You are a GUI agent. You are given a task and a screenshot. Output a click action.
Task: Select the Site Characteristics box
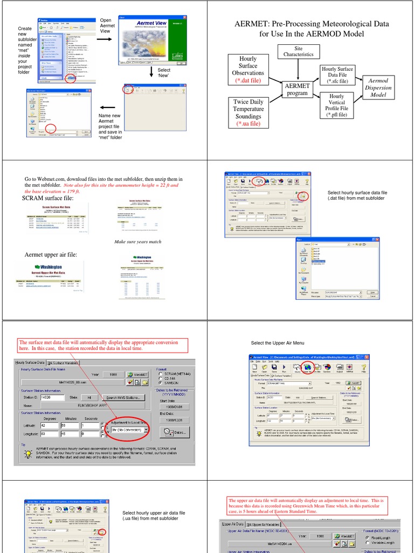298,51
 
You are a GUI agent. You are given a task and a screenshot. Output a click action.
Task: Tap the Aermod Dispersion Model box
378,87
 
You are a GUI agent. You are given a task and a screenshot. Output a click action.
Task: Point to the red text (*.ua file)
248,124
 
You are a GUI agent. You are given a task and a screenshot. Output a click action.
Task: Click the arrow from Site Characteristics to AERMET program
298,70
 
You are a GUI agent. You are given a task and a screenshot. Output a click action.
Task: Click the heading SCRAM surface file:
47,199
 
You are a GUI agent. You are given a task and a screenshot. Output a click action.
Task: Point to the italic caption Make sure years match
138,242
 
